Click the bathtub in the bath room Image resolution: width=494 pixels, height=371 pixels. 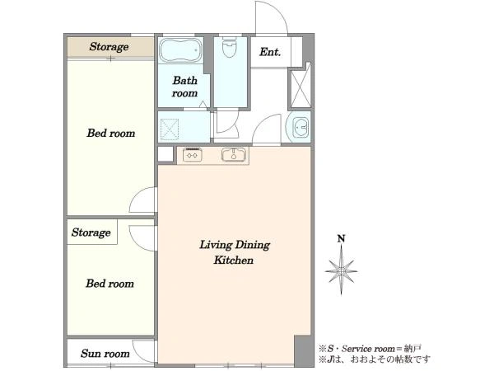[x=180, y=50]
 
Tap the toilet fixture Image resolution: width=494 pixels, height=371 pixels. [x=229, y=47]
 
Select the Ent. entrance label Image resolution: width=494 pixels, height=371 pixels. [x=270, y=52]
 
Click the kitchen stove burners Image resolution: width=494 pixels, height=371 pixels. [x=193, y=155]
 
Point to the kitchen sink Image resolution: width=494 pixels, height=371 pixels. [x=234, y=155]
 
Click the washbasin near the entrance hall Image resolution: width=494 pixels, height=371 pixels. [x=301, y=127]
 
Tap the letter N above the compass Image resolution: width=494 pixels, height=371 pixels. [x=341, y=239]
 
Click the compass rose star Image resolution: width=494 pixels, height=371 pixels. [x=341, y=270]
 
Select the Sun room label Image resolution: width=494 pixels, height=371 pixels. [x=105, y=354]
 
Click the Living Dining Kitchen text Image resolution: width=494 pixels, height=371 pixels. [x=235, y=252]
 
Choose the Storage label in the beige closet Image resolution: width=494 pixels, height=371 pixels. [x=109, y=47]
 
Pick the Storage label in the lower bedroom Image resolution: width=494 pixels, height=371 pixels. [x=91, y=232]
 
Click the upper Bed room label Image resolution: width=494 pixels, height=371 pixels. [x=111, y=133]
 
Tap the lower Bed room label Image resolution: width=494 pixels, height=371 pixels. [x=110, y=284]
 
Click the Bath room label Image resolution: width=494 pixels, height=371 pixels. [x=185, y=87]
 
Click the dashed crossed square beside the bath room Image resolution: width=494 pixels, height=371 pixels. [x=170, y=129]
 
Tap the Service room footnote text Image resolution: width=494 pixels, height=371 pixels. [x=370, y=349]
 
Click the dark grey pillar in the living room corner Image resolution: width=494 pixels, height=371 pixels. [x=303, y=351]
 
